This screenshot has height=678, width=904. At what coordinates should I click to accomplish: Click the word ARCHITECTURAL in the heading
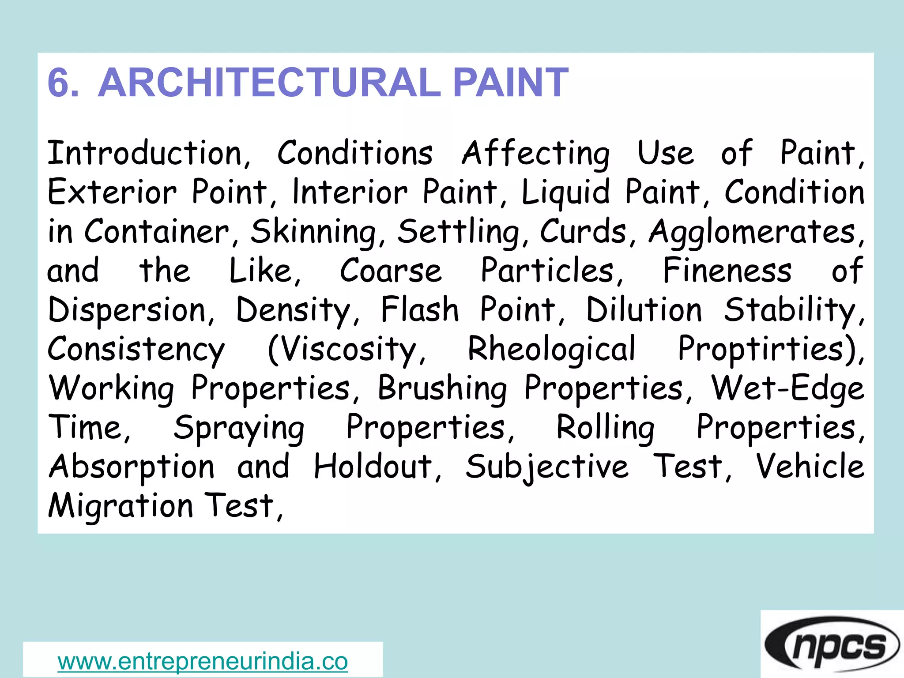pyautogui.click(x=269, y=83)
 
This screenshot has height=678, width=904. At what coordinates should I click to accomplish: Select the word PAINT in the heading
pyautogui.click(x=511, y=83)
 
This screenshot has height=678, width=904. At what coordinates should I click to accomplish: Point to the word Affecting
pyautogui.click(x=536, y=154)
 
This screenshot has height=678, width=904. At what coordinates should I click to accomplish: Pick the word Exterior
pyautogui.click(x=112, y=192)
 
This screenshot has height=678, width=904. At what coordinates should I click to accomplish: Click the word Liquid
pyautogui.click(x=566, y=193)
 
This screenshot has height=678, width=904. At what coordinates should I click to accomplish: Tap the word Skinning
pyautogui.click(x=313, y=232)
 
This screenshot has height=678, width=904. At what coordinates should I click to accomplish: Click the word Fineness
pyautogui.click(x=727, y=271)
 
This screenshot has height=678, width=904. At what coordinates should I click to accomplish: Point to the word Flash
pyautogui.click(x=420, y=309)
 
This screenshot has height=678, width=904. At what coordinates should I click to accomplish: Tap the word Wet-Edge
pyautogui.click(x=787, y=388)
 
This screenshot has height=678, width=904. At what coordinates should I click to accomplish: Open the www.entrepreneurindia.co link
pyautogui.click(x=203, y=661)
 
